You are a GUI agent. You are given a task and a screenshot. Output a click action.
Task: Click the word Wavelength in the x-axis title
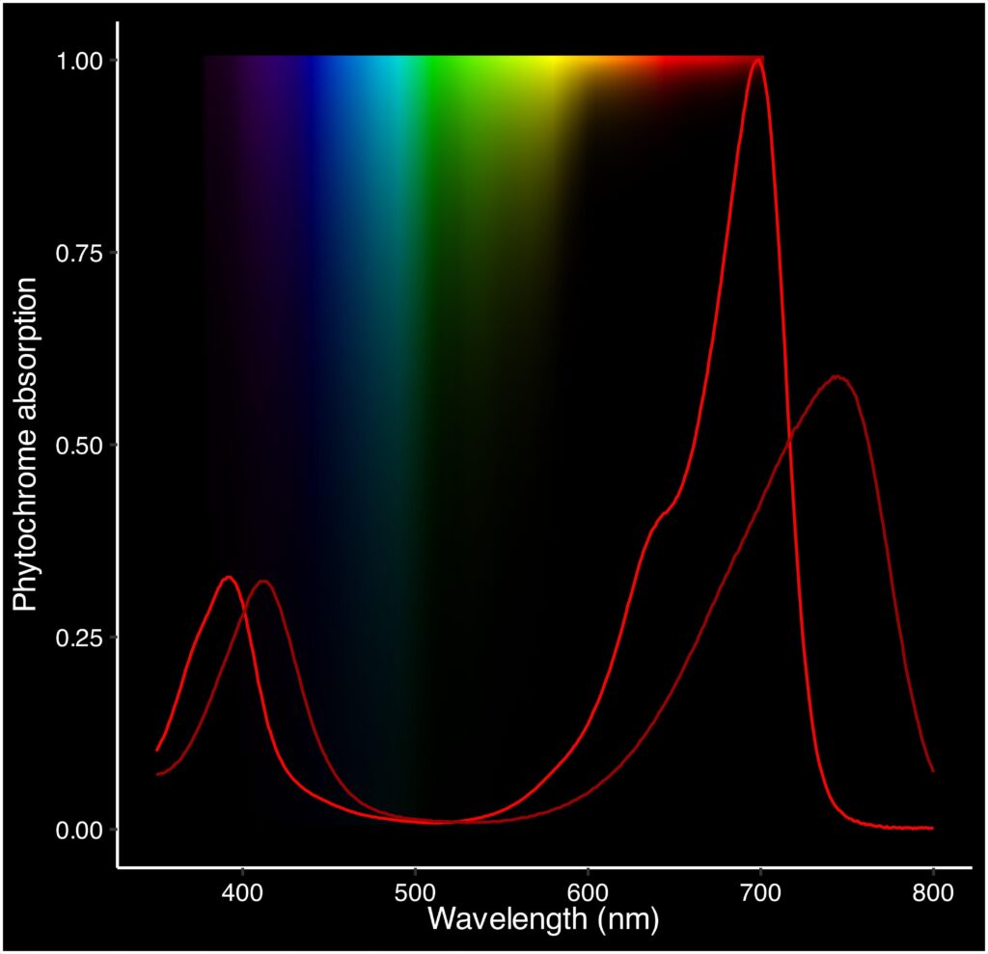click(x=507, y=918)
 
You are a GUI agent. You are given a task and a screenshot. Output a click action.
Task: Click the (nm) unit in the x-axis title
click(x=627, y=918)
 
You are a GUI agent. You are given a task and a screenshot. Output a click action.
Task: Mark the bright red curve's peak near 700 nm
click(x=757, y=61)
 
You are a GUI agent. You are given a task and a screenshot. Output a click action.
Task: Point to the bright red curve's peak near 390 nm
click(x=229, y=577)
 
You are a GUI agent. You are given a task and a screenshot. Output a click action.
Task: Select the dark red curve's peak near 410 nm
click(x=262, y=581)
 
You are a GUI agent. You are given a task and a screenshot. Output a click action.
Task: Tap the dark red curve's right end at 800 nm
click(x=933, y=771)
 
